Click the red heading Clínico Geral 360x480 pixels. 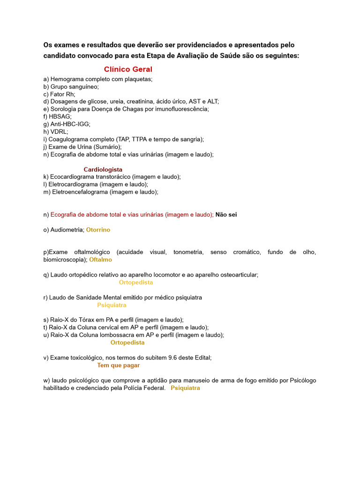click(128, 69)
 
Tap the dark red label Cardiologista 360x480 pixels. click(103, 169)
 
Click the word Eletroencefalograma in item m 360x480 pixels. click(78, 192)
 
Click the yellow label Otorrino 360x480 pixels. click(98, 230)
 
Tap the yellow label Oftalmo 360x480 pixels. click(101, 260)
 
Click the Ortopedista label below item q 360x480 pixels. click(136, 283)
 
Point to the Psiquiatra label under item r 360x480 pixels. click(112, 305)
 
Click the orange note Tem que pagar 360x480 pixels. click(118, 365)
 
